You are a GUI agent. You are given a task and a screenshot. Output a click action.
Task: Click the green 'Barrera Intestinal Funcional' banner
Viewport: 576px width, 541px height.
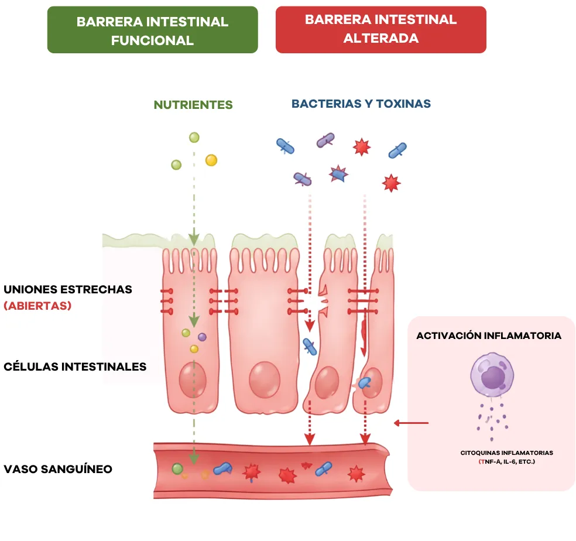152,30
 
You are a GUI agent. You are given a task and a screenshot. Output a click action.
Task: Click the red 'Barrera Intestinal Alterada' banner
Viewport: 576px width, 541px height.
381,30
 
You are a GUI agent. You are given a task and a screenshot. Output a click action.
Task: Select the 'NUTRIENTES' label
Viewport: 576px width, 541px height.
193,105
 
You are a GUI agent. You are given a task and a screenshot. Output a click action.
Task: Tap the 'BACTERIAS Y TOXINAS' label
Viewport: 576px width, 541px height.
361,104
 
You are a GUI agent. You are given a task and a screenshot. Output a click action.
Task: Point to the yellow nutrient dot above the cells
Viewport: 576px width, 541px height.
211,160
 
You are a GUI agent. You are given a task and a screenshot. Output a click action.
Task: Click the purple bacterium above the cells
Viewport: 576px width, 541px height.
325,140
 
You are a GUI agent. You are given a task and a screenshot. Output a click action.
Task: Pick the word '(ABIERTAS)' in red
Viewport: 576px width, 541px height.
37,306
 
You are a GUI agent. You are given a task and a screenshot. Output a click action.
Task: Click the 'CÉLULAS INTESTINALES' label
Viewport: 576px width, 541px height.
75,367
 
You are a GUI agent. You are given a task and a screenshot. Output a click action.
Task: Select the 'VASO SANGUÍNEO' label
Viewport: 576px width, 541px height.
58,469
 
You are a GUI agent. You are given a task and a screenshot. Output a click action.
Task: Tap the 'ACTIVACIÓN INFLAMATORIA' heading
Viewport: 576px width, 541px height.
489,335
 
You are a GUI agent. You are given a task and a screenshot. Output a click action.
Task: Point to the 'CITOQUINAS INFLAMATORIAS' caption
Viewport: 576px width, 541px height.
506,453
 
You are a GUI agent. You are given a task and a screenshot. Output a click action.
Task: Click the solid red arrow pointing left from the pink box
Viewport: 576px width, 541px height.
411,423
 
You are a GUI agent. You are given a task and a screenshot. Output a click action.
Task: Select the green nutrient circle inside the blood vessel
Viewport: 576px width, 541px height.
177,468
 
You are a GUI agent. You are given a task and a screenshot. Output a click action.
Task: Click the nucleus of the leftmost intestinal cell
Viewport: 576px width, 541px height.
193,379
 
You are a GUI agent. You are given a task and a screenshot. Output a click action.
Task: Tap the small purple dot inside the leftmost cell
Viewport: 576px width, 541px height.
202,337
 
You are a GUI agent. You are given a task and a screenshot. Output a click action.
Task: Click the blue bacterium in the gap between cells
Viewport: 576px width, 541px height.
310,347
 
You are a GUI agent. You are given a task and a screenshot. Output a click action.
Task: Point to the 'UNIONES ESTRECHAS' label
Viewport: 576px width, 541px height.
67,289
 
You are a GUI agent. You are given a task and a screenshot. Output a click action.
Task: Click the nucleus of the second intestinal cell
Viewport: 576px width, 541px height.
265,380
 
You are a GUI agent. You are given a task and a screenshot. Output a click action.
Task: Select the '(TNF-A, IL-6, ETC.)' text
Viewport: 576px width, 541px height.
506,461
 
